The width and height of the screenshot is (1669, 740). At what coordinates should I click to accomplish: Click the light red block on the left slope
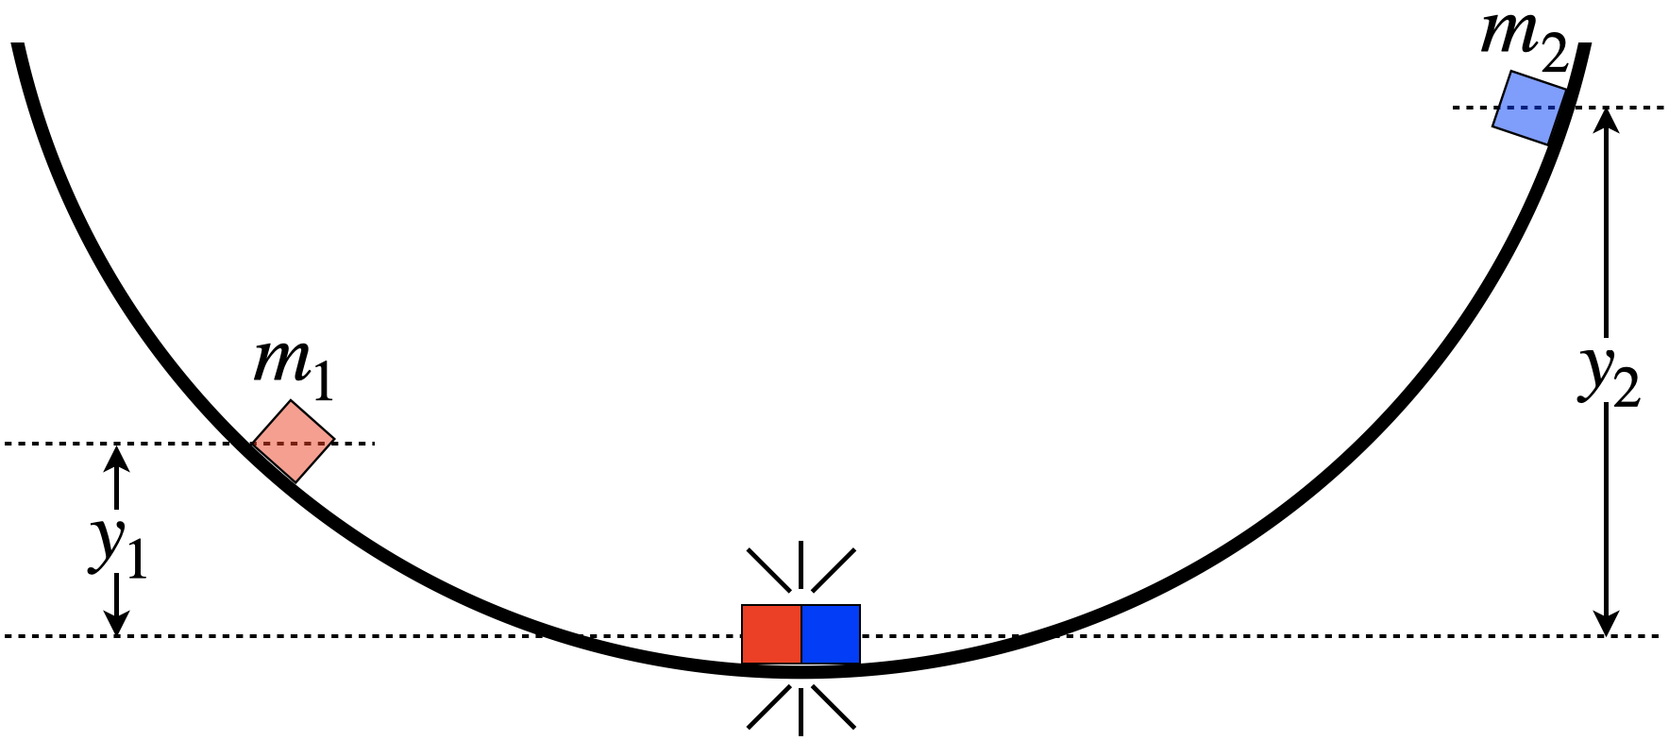(x=294, y=442)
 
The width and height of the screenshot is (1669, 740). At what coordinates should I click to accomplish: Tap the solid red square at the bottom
(x=771, y=634)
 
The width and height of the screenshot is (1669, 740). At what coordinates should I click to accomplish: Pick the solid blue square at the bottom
(x=831, y=634)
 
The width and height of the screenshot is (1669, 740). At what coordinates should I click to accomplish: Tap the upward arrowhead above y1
(x=117, y=456)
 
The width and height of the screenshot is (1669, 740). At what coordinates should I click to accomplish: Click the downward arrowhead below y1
(x=117, y=623)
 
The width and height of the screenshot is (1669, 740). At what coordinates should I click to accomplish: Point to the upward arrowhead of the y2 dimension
(x=1606, y=121)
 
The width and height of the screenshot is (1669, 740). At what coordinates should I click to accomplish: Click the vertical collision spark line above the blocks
(x=801, y=564)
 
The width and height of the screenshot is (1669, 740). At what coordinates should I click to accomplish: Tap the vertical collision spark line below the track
(x=801, y=710)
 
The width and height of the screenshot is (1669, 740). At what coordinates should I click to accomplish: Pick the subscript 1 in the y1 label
(x=136, y=563)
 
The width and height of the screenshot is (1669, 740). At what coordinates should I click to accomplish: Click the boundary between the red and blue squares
(x=801, y=634)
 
